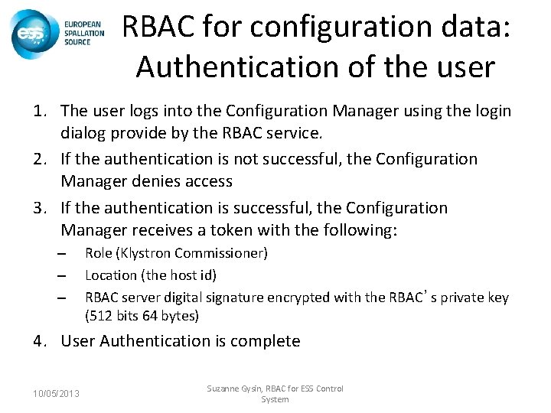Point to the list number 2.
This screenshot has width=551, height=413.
(x=43, y=160)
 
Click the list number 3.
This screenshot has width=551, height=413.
(x=43, y=207)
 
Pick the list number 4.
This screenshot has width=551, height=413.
(x=43, y=341)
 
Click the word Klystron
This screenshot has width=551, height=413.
(x=141, y=253)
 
